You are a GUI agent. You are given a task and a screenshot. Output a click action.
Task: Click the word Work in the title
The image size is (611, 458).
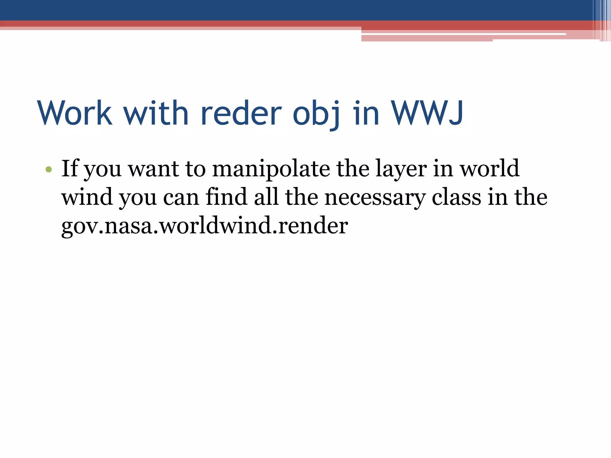click(x=75, y=113)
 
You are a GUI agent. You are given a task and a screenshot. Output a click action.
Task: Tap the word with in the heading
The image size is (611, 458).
click(x=156, y=113)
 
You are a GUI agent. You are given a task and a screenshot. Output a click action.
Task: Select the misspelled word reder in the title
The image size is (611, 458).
click(x=241, y=113)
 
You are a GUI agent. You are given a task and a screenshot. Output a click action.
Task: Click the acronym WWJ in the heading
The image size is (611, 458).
click(x=427, y=113)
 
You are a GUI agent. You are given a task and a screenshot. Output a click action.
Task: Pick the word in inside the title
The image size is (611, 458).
click(x=366, y=113)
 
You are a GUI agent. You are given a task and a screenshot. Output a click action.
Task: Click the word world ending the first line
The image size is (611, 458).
click(x=490, y=168)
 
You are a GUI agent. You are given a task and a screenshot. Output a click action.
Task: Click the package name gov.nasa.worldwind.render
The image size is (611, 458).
click(x=205, y=226)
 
